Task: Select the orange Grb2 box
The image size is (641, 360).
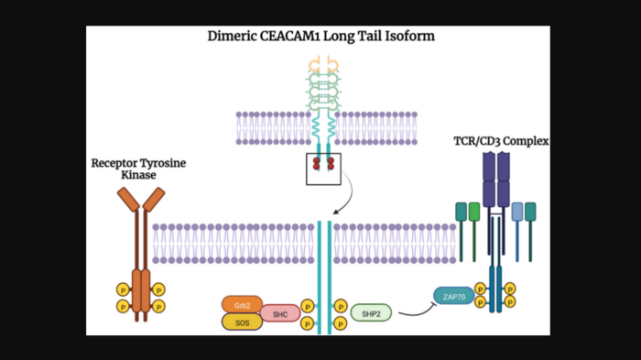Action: [x=242, y=304]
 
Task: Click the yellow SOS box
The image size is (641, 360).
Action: [x=242, y=322]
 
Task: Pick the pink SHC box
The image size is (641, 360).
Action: [x=280, y=313]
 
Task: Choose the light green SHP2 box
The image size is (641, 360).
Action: [x=371, y=313]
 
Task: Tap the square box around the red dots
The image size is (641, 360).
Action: [x=322, y=166]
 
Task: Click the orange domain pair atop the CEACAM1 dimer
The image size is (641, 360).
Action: [x=322, y=63]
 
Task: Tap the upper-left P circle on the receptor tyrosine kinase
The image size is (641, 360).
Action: [x=122, y=289]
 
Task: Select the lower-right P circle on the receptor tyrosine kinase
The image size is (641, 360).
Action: [x=158, y=305]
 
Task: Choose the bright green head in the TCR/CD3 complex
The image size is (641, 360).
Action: [x=473, y=212]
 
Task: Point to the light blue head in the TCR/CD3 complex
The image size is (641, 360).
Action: [x=517, y=212]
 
